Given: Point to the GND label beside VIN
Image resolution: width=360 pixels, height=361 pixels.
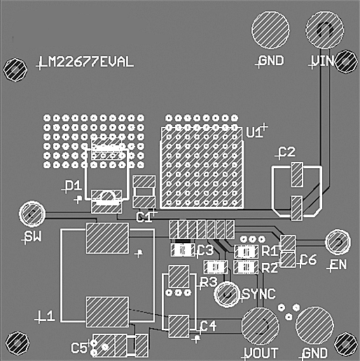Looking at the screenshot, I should [270, 61].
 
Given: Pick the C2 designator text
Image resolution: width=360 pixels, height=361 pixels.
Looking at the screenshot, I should [287, 152].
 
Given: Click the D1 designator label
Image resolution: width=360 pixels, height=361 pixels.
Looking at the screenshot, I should [72, 186].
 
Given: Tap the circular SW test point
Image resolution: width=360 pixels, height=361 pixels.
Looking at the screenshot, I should [32, 213].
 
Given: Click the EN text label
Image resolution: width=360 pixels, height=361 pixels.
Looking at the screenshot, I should [338, 264].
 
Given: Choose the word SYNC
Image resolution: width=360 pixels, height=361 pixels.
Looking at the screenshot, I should [258, 293].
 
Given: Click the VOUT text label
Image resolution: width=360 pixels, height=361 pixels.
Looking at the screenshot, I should [261, 352].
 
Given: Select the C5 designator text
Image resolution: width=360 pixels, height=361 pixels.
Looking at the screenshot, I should [80, 346].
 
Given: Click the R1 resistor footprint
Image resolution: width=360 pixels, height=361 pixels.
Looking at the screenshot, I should [245, 252].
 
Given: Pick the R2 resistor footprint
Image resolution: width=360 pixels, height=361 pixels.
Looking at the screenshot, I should [245, 267].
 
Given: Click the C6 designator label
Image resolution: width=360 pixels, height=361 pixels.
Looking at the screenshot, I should [308, 260].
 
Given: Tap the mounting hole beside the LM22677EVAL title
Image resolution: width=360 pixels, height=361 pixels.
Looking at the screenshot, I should [15, 68].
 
